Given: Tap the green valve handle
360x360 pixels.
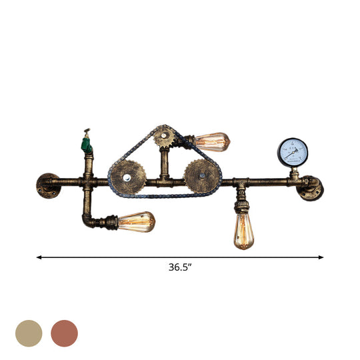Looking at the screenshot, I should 86,141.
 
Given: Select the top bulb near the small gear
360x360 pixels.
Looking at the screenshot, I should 213,141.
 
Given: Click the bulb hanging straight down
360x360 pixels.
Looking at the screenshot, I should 243,231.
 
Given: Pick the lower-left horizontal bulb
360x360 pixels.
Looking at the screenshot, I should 137,221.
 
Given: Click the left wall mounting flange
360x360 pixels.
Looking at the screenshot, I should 47,185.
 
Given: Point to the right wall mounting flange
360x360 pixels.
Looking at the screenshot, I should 311,187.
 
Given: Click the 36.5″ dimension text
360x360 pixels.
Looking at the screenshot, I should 180,267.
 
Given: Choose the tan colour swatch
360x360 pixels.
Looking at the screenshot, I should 29,333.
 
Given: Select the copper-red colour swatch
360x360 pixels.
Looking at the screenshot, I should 65,333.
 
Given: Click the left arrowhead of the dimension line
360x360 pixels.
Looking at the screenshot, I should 39,256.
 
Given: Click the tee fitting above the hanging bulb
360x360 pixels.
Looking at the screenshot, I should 242,182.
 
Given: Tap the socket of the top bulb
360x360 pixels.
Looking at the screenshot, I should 189,140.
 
